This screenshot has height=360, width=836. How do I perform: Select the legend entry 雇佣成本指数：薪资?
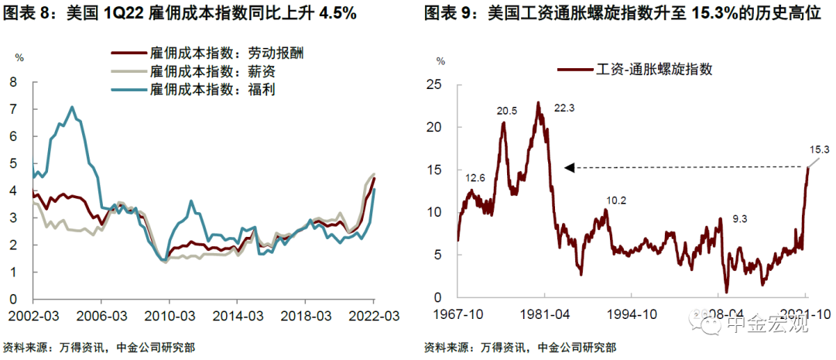(198, 72)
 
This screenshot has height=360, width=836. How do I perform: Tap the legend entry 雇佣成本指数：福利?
(198, 90)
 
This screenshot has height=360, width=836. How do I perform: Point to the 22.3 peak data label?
(565, 108)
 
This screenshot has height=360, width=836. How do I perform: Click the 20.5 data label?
(507, 111)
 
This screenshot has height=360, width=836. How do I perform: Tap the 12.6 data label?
(475, 178)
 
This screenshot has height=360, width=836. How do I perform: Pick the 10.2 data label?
(616, 200)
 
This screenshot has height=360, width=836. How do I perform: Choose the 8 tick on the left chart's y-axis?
(13, 81)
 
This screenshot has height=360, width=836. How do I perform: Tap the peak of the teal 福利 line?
(72, 107)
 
